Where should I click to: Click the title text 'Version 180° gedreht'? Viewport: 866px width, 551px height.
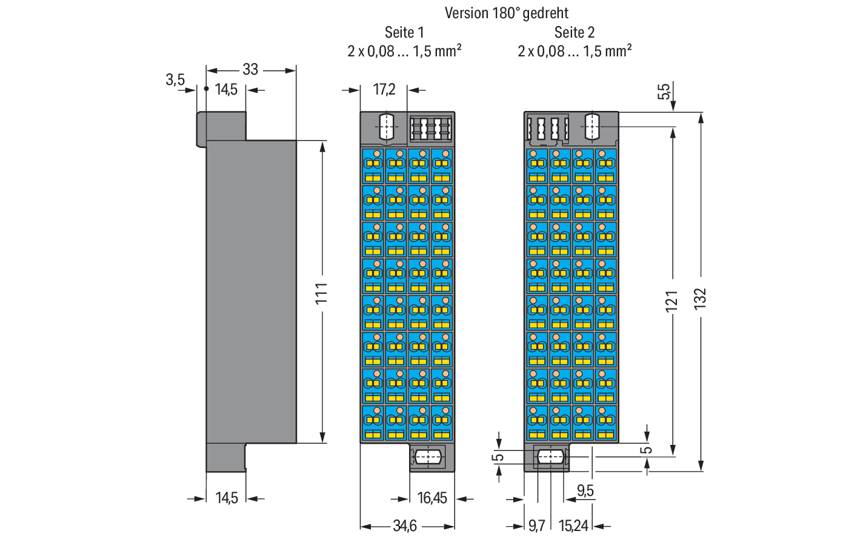(x=507, y=13)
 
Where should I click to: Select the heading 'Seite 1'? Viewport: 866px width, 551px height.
(x=404, y=33)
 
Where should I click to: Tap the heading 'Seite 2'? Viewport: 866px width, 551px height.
(x=575, y=33)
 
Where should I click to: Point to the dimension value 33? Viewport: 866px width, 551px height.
(x=250, y=70)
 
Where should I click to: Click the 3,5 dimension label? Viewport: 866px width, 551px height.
(x=175, y=80)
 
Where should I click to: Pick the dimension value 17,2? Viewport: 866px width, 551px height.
(x=384, y=89)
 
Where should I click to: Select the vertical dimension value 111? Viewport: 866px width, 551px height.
(x=322, y=293)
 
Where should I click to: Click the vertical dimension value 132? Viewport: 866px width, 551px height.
(x=700, y=298)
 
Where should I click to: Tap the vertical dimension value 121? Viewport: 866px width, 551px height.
(x=671, y=301)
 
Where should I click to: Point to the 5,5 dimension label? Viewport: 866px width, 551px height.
(x=664, y=92)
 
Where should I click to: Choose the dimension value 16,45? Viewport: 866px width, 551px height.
(x=432, y=498)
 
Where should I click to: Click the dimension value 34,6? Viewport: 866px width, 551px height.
(x=405, y=526)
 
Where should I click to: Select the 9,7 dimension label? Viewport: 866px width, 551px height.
(x=536, y=526)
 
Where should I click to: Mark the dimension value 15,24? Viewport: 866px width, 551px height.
(x=573, y=526)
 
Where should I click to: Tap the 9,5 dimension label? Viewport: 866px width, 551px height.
(x=585, y=491)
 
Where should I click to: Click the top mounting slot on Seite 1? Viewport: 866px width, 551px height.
(x=386, y=127)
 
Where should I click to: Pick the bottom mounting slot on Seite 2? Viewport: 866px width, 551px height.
(x=550, y=457)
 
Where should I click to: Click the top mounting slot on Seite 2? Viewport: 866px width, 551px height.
(x=592, y=127)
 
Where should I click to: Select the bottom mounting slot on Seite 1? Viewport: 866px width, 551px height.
(x=428, y=458)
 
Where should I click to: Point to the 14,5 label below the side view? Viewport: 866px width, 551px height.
(x=227, y=498)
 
